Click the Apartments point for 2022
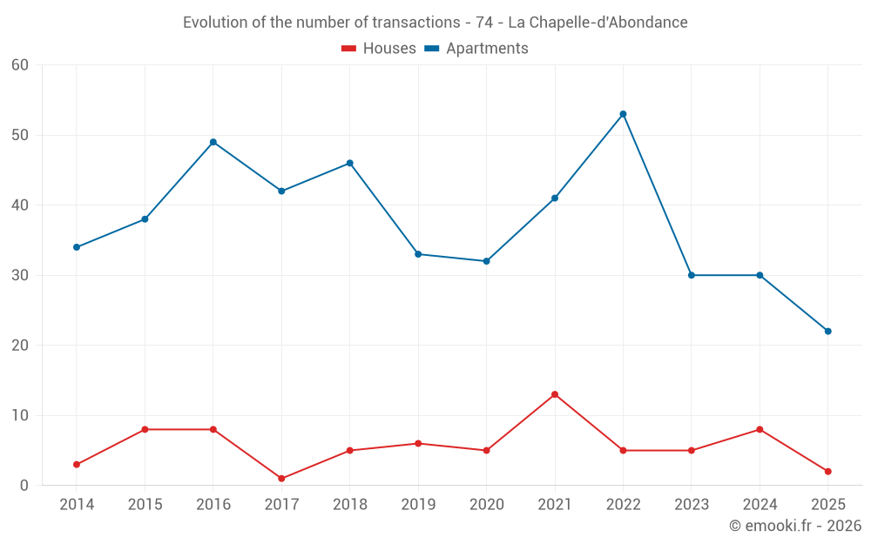coord(623,114)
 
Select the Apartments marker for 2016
coord(213,142)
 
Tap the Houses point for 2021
coord(555,394)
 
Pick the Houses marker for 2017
coord(281,479)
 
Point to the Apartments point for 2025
coord(827,331)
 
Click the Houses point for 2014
coord(77,465)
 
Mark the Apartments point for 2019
coord(418,254)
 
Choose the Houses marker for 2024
coord(760,429)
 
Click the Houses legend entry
coord(379,49)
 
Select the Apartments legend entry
coord(476,49)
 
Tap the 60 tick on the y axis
coord(20,65)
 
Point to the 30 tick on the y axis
coord(20,275)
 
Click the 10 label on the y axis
coord(20,415)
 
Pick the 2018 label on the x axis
coord(350,505)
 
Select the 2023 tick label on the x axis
coord(692,505)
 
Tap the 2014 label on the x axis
coord(77,505)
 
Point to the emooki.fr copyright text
coord(795,526)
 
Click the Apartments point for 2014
coord(77,247)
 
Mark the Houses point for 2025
coord(827,472)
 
